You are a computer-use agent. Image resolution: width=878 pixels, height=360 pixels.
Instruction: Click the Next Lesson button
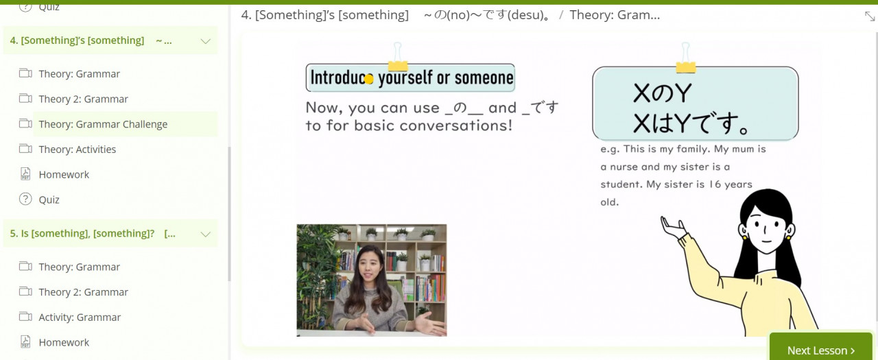click(x=821, y=348)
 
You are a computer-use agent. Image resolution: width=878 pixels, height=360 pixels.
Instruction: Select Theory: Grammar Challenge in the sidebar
click(x=103, y=124)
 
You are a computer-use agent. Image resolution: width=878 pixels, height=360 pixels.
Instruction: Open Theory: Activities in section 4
click(x=78, y=149)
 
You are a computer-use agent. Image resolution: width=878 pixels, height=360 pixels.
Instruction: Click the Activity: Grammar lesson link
click(x=80, y=317)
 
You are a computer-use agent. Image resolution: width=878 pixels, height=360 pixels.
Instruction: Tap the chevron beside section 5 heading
click(x=205, y=235)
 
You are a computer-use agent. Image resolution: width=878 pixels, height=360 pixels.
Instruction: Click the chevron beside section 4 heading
click(x=205, y=41)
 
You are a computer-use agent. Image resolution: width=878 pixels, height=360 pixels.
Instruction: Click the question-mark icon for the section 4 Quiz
click(x=25, y=200)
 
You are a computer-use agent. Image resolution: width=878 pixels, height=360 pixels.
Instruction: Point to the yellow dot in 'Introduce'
click(x=368, y=79)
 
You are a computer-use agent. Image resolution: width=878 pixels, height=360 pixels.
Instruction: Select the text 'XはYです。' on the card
click(x=691, y=123)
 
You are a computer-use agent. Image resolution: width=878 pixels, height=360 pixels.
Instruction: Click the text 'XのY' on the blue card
click(x=662, y=93)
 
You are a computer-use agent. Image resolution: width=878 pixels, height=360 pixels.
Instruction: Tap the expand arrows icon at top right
click(x=869, y=16)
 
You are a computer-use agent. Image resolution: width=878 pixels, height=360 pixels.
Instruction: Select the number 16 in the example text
click(x=715, y=184)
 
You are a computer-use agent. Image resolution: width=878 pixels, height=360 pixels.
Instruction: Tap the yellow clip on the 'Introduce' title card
click(x=398, y=58)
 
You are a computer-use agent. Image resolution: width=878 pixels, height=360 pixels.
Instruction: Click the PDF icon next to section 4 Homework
click(x=25, y=174)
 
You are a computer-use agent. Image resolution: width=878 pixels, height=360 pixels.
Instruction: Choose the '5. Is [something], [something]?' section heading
click(x=93, y=233)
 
